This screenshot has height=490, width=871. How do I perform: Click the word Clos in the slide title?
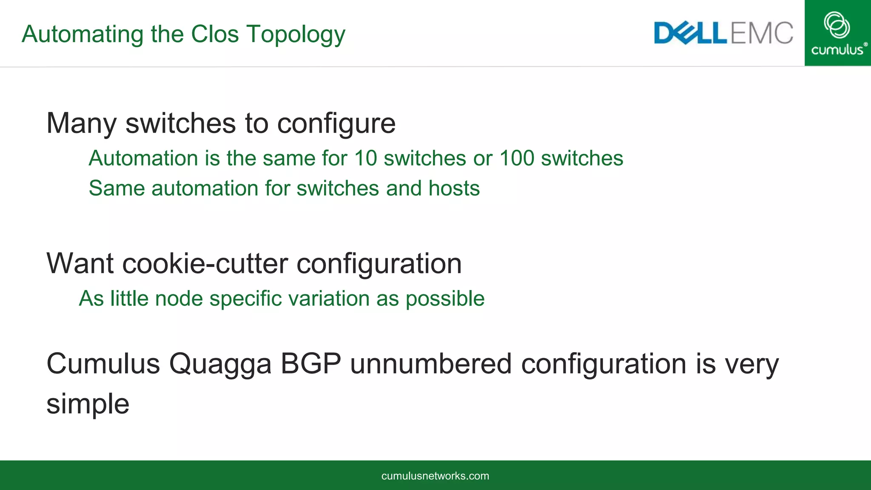click(215, 34)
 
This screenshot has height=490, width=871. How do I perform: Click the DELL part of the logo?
click(690, 33)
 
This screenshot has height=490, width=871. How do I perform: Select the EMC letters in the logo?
click(762, 33)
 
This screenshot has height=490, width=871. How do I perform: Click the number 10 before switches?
click(365, 158)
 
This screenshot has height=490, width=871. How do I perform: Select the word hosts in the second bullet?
click(454, 188)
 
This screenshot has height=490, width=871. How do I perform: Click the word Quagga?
click(220, 365)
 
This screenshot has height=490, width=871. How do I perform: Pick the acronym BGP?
click(310, 364)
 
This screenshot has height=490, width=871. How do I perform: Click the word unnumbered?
click(430, 364)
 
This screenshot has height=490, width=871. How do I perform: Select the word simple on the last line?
click(88, 404)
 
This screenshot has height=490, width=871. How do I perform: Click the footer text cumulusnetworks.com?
click(435, 476)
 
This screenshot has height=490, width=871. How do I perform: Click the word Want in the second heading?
click(80, 264)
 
